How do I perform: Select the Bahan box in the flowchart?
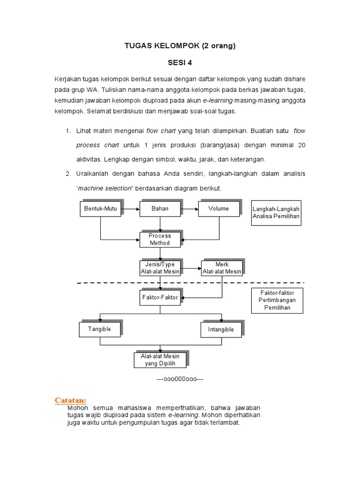click(159, 209)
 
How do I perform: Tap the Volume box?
click(218, 209)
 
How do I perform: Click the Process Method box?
click(159, 240)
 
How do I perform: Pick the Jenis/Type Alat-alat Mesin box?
click(160, 268)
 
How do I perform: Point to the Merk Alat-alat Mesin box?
click(222, 268)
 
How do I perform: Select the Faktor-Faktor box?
click(160, 297)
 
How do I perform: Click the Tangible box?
click(99, 329)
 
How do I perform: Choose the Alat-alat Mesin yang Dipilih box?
click(160, 360)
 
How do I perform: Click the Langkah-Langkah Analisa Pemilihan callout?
click(276, 212)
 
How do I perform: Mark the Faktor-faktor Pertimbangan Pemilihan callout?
click(277, 300)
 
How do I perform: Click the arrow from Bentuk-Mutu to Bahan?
click(129, 209)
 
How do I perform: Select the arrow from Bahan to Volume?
click(189, 209)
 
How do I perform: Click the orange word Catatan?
click(70, 400)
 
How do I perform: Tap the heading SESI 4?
click(180, 62)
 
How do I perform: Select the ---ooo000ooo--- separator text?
click(180, 379)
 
